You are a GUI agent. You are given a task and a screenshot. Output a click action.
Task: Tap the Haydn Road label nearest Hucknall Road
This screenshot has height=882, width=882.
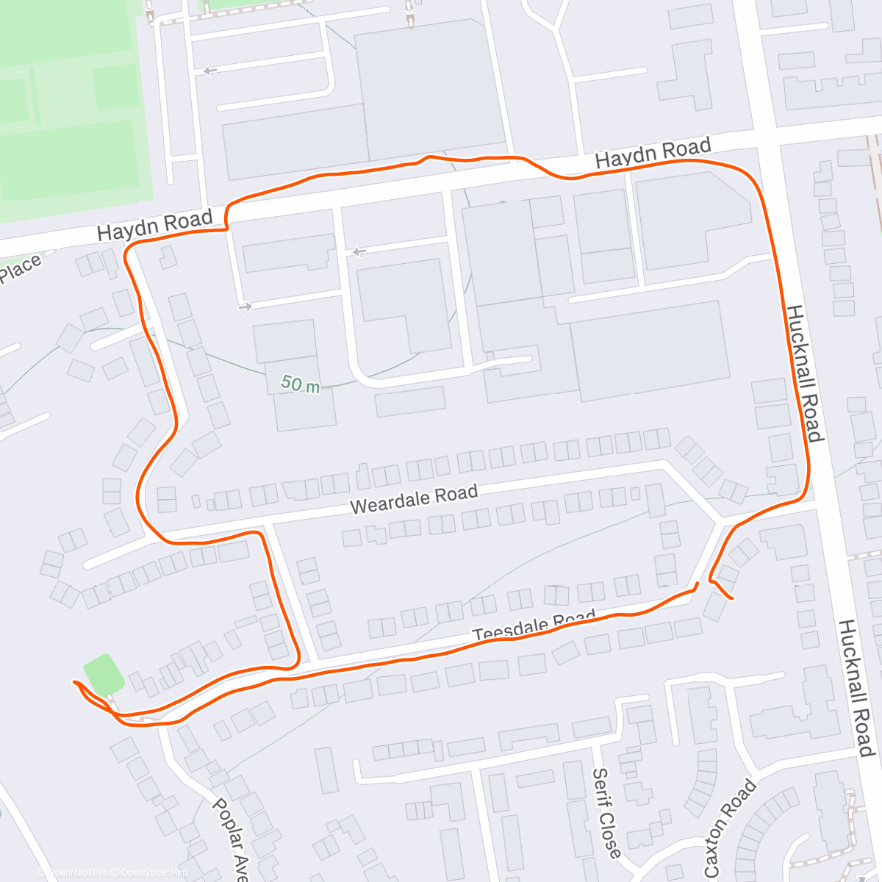coord(652,153)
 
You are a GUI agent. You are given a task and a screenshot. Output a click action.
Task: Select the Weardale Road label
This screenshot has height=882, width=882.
coord(414,499)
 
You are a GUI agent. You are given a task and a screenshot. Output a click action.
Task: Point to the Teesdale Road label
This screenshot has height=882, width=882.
coord(533,625)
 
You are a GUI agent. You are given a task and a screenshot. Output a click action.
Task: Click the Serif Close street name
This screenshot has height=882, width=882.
coord(606,812)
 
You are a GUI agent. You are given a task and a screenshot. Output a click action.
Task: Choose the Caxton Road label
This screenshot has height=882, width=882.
coord(729,828)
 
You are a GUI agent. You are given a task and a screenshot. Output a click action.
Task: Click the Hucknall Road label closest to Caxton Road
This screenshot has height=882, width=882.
coord(856,687)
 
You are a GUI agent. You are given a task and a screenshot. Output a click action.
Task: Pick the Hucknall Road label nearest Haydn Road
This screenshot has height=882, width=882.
coord(804,373)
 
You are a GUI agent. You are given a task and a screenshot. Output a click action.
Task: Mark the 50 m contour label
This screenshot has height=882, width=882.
coord(301,384)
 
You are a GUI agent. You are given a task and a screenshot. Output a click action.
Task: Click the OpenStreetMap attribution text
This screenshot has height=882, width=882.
coord(154,872)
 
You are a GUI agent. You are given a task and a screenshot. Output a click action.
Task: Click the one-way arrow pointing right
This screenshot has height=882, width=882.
coord(245,306)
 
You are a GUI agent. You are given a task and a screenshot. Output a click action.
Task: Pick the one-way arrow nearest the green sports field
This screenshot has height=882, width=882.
coord(210,71)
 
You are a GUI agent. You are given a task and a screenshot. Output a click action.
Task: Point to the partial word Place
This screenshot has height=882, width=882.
coord(20,269)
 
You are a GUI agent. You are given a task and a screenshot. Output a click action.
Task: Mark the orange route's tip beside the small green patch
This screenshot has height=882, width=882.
coord(74,683)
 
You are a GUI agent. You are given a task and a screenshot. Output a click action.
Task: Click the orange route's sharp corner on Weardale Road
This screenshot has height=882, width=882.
coord(261,534)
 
